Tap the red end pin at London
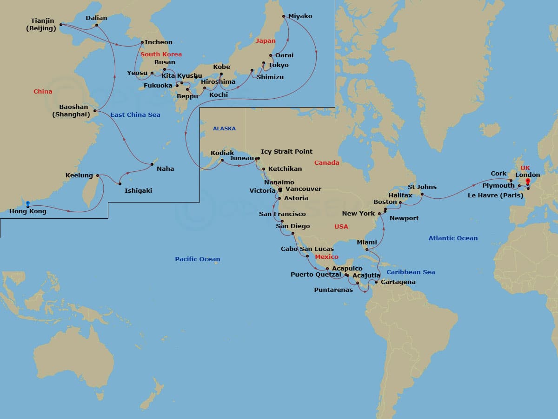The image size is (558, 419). [528, 182]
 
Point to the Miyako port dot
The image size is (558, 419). [284, 16]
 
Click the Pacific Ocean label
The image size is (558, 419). [198, 259]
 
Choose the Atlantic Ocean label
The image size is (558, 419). [453, 238]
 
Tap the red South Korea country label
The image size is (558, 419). [161, 54]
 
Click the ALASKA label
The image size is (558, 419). [224, 128]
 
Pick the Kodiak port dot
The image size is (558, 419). [222, 160]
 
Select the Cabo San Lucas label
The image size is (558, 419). [307, 249]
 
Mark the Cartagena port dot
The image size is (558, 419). [376, 282]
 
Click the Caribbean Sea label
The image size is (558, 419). [411, 272]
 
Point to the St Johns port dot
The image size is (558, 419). [422, 194]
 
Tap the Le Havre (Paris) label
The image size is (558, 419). [495, 196]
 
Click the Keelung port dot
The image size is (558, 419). [98, 176]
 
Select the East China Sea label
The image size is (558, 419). [135, 115]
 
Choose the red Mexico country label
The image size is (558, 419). [326, 257]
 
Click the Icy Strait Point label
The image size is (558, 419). [286, 152]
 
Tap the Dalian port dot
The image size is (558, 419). [96, 25]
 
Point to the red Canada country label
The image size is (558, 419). [327, 163]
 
